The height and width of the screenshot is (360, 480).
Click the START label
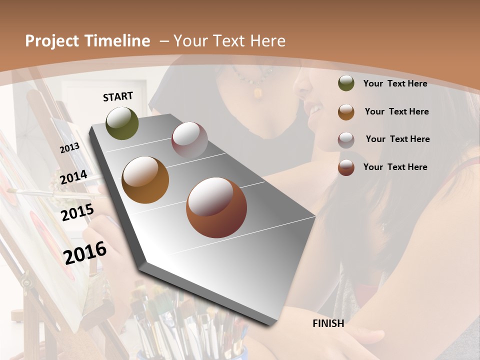tap(118, 96)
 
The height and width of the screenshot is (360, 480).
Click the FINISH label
tap(328, 323)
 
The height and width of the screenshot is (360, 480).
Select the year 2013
tap(69, 147)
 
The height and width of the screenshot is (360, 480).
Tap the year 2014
tap(74, 177)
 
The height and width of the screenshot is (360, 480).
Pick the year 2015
tap(77, 212)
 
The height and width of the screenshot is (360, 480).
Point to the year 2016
tap(85, 252)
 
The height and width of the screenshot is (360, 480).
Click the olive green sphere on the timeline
tap(122, 123)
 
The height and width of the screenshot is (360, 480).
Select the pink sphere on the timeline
tap(189, 140)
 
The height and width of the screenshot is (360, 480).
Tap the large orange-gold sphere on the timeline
tap(145, 180)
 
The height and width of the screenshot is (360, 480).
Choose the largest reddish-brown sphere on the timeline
tap(216, 207)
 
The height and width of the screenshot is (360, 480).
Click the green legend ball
tap(346, 83)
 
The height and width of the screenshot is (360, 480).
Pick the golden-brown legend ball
tap(346, 111)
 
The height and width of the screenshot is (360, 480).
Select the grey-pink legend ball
tap(346, 139)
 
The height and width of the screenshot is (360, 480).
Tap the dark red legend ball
tap(346, 167)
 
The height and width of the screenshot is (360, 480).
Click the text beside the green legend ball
tap(395, 83)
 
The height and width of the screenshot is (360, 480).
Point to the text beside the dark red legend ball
tap(395, 167)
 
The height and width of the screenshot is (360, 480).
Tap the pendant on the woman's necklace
tap(258, 92)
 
